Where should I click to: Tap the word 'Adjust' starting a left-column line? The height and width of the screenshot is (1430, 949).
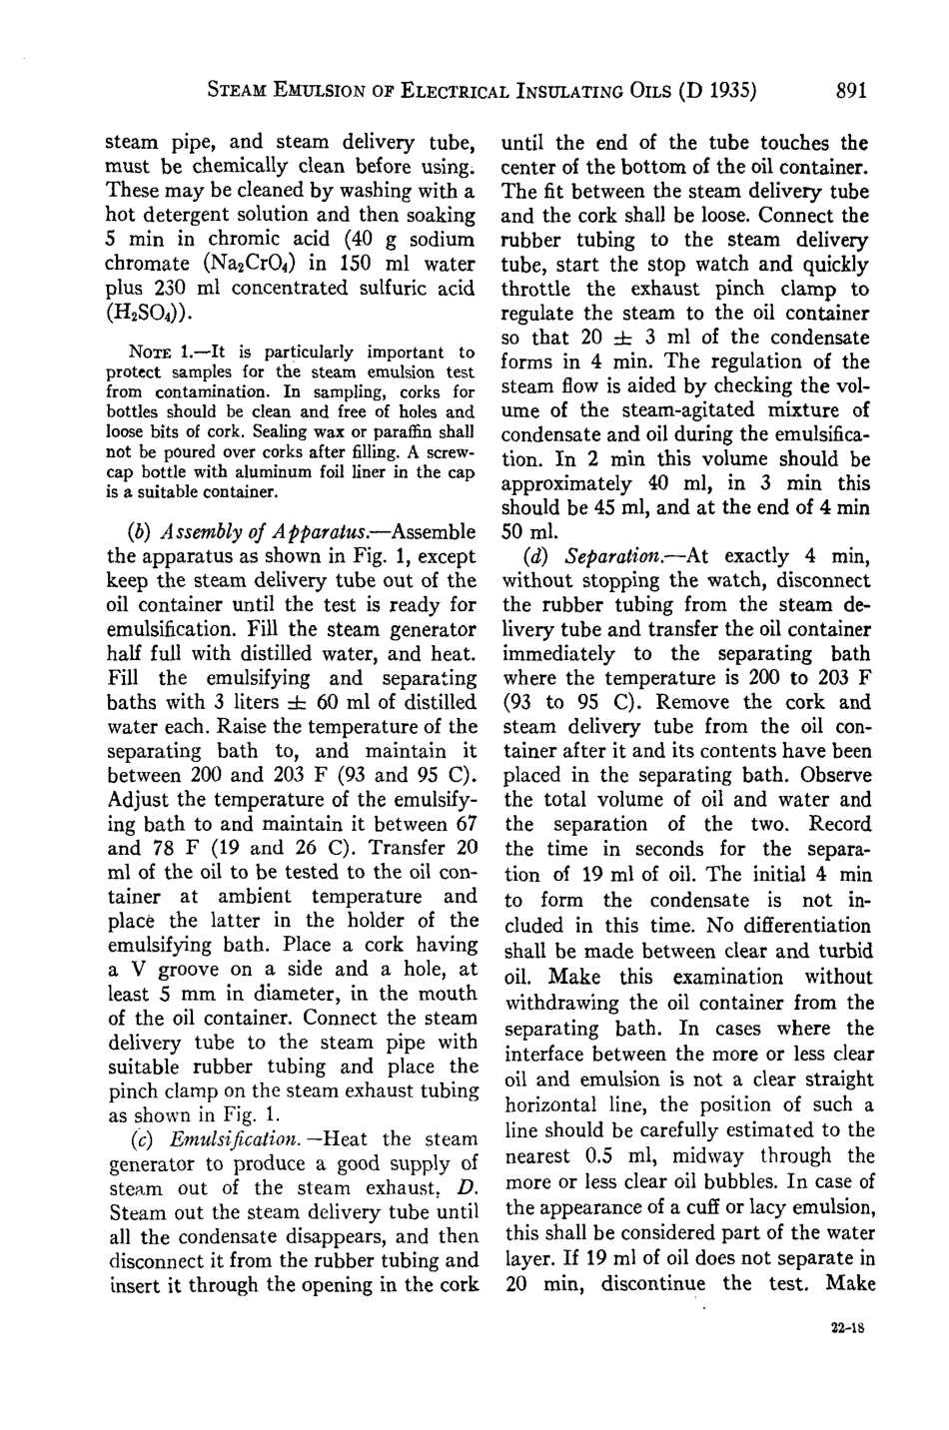tap(138, 799)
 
